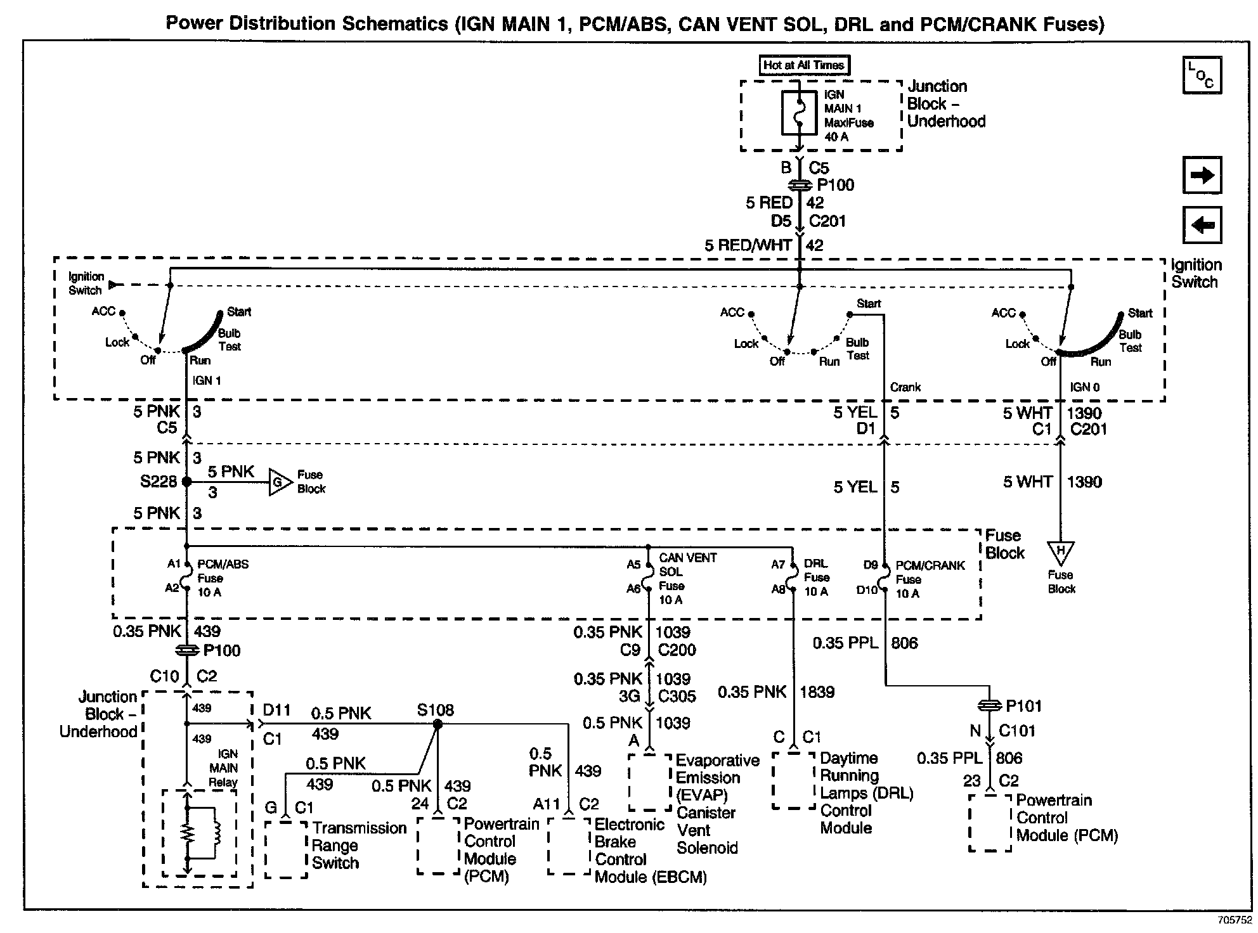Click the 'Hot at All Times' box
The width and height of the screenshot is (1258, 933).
(x=803, y=65)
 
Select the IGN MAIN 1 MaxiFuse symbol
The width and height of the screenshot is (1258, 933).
(x=799, y=113)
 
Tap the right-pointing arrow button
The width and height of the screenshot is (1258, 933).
(x=1202, y=175)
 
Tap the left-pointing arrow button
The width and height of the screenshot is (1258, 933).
(x=1202, y=225)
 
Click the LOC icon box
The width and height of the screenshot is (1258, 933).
(x=1202, y=75)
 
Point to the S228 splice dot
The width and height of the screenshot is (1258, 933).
(x=186, y=482)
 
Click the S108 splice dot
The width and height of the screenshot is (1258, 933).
(x=437, y=724)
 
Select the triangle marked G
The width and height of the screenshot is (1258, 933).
(x=278, y=482)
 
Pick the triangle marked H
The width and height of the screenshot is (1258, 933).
(x=1060, y=552)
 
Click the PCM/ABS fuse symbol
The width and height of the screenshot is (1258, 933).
(x=186, y=576)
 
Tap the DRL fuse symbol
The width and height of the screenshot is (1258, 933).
(x=792, y=576)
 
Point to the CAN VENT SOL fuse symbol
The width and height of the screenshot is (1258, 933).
(x=648, y=577)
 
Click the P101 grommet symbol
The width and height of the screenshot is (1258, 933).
(x=990, y=705)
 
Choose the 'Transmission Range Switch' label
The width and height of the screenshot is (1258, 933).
(x=359, y=846)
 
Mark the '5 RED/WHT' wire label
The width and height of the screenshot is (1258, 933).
(x=748, y=245)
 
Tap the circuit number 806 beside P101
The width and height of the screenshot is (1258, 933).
(x=904, y=643)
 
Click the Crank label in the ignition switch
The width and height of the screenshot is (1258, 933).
(x=905, y=387)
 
